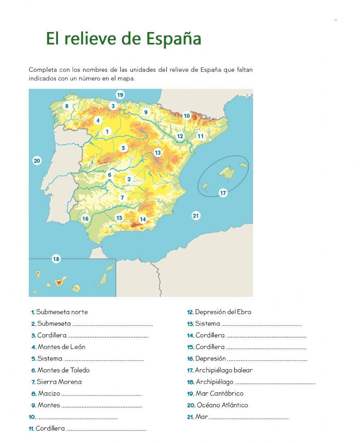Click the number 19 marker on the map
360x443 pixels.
120,95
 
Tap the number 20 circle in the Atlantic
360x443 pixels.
37,161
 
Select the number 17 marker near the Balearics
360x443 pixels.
223,193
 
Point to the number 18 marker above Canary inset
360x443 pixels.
56,259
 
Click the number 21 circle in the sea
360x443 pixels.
195,216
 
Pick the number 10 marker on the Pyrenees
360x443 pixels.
186,116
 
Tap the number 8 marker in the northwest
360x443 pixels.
66,106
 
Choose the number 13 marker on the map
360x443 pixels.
157,153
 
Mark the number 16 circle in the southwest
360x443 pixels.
85,218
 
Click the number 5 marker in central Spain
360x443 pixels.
123,148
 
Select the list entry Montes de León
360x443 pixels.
61,347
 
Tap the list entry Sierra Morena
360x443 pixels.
59,382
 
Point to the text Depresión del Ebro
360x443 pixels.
223,312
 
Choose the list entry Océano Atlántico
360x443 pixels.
222,405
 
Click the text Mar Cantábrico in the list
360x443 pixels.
219,393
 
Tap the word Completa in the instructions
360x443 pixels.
44,70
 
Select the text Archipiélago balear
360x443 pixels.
224,370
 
